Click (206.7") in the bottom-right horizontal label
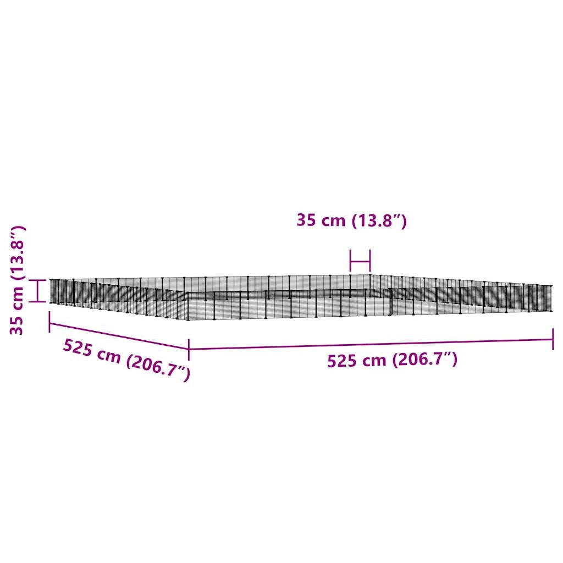click(x=425, y=360)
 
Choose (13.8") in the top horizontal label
click(x=379, y=220)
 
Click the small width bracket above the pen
click(x=360, y=261)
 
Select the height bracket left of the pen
click(x=37, y=290)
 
